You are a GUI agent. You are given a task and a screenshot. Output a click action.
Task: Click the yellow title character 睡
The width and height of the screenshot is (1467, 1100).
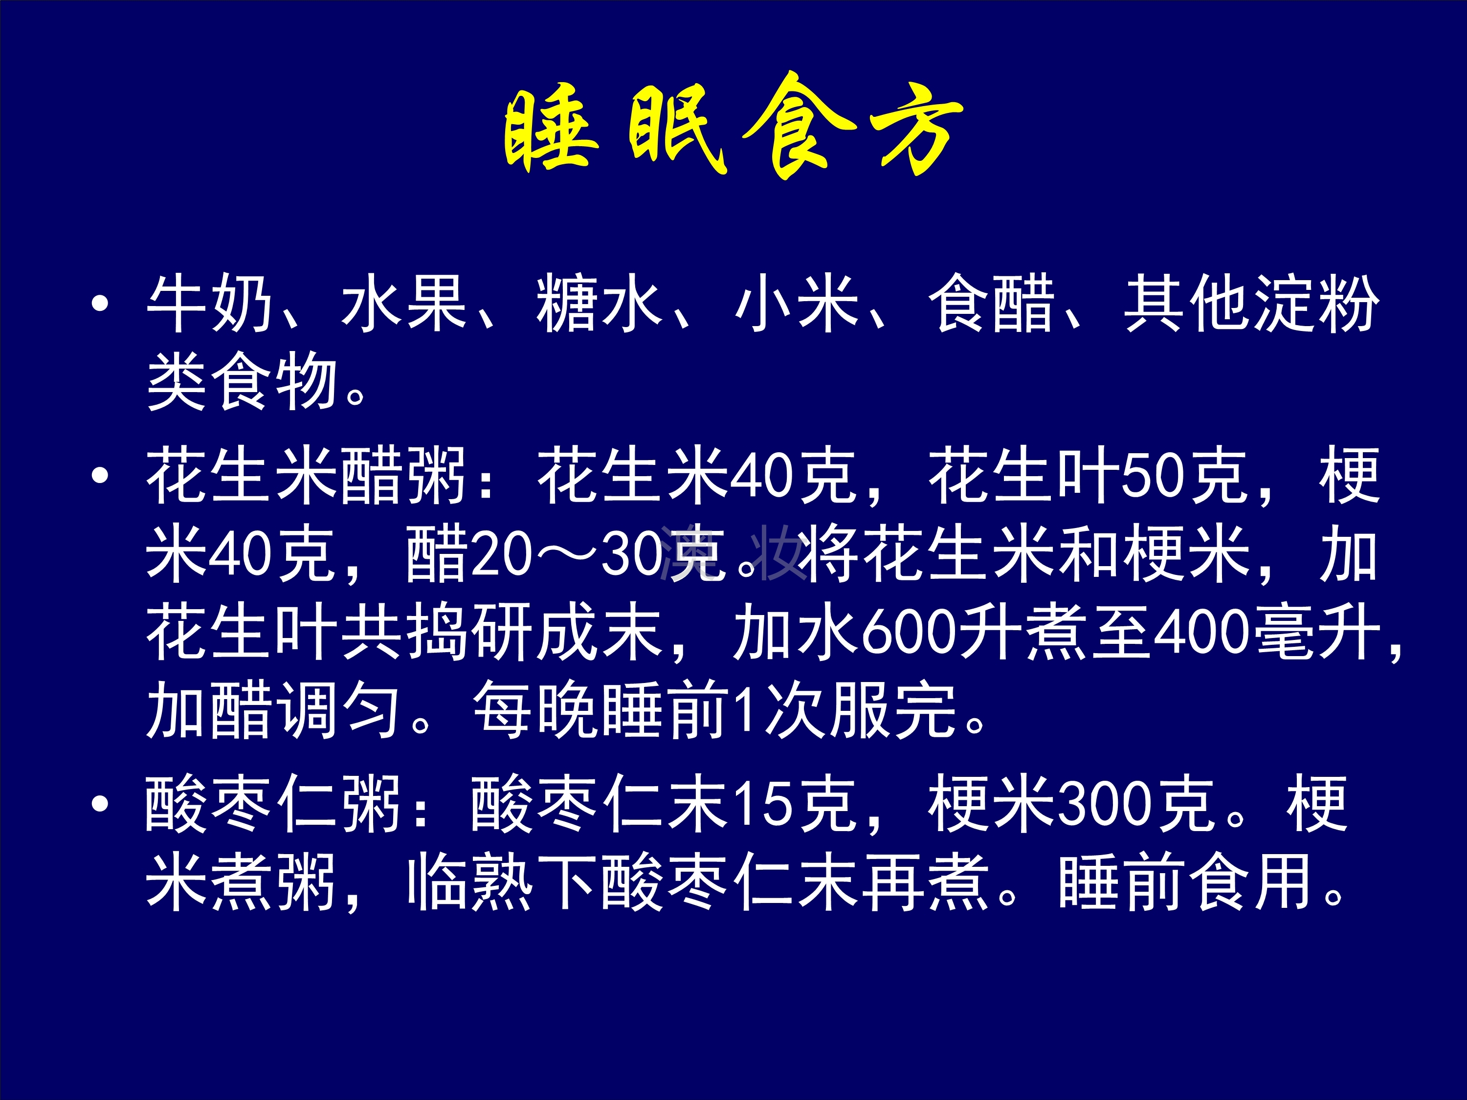coord(551,127)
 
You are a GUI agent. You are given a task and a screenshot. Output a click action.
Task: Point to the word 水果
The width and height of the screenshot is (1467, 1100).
coord(404,304)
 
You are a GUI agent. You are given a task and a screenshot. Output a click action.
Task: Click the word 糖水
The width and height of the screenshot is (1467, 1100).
coord(600,304)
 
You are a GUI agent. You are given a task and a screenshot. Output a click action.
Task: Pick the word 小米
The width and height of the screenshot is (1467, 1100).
coord(796,304)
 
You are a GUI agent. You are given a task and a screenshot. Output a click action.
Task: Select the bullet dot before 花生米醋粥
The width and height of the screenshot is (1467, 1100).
coord(100,475)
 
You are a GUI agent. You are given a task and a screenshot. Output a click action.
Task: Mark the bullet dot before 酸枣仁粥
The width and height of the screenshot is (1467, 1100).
coord(100,804)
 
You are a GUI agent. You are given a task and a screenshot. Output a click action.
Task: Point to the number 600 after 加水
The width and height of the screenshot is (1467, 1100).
coord(909,633)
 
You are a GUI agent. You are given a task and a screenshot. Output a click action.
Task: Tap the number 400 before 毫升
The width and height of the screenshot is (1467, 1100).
coord(1202,633)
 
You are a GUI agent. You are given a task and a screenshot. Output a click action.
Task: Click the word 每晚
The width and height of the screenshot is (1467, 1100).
coord(537,710)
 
